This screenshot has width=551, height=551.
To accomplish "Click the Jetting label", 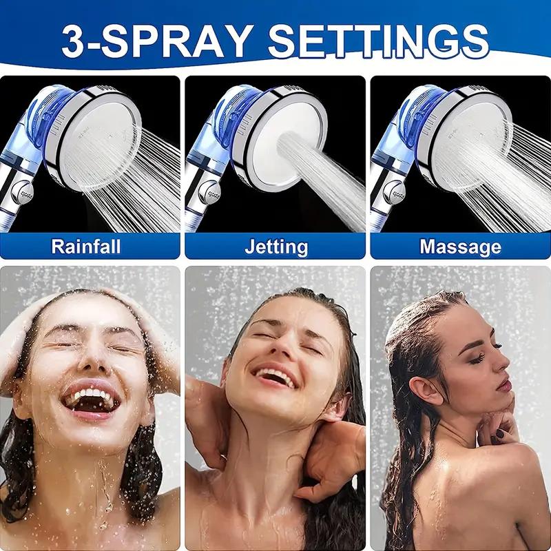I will [275, 246].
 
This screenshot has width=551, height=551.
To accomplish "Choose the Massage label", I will [460, 246].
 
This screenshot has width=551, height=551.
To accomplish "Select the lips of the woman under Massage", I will [504, 384].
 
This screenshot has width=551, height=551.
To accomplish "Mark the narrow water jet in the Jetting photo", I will [324, 172].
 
